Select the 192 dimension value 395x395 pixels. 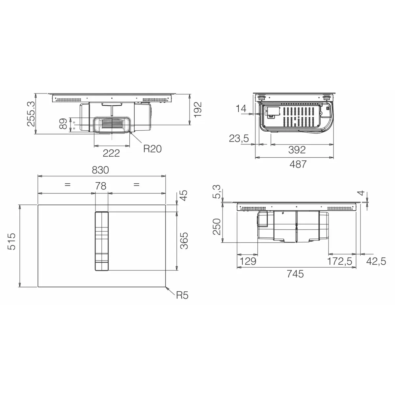[198, 110]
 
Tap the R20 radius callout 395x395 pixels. [152, 149]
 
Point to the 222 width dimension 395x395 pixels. [111, 153]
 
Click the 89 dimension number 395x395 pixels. [63, 124]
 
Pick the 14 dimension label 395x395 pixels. [241, 108]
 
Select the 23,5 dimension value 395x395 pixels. [239, 139]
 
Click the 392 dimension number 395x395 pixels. [297, 150]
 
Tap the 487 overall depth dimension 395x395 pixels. [298, 164]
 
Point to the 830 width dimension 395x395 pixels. [100, 170]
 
